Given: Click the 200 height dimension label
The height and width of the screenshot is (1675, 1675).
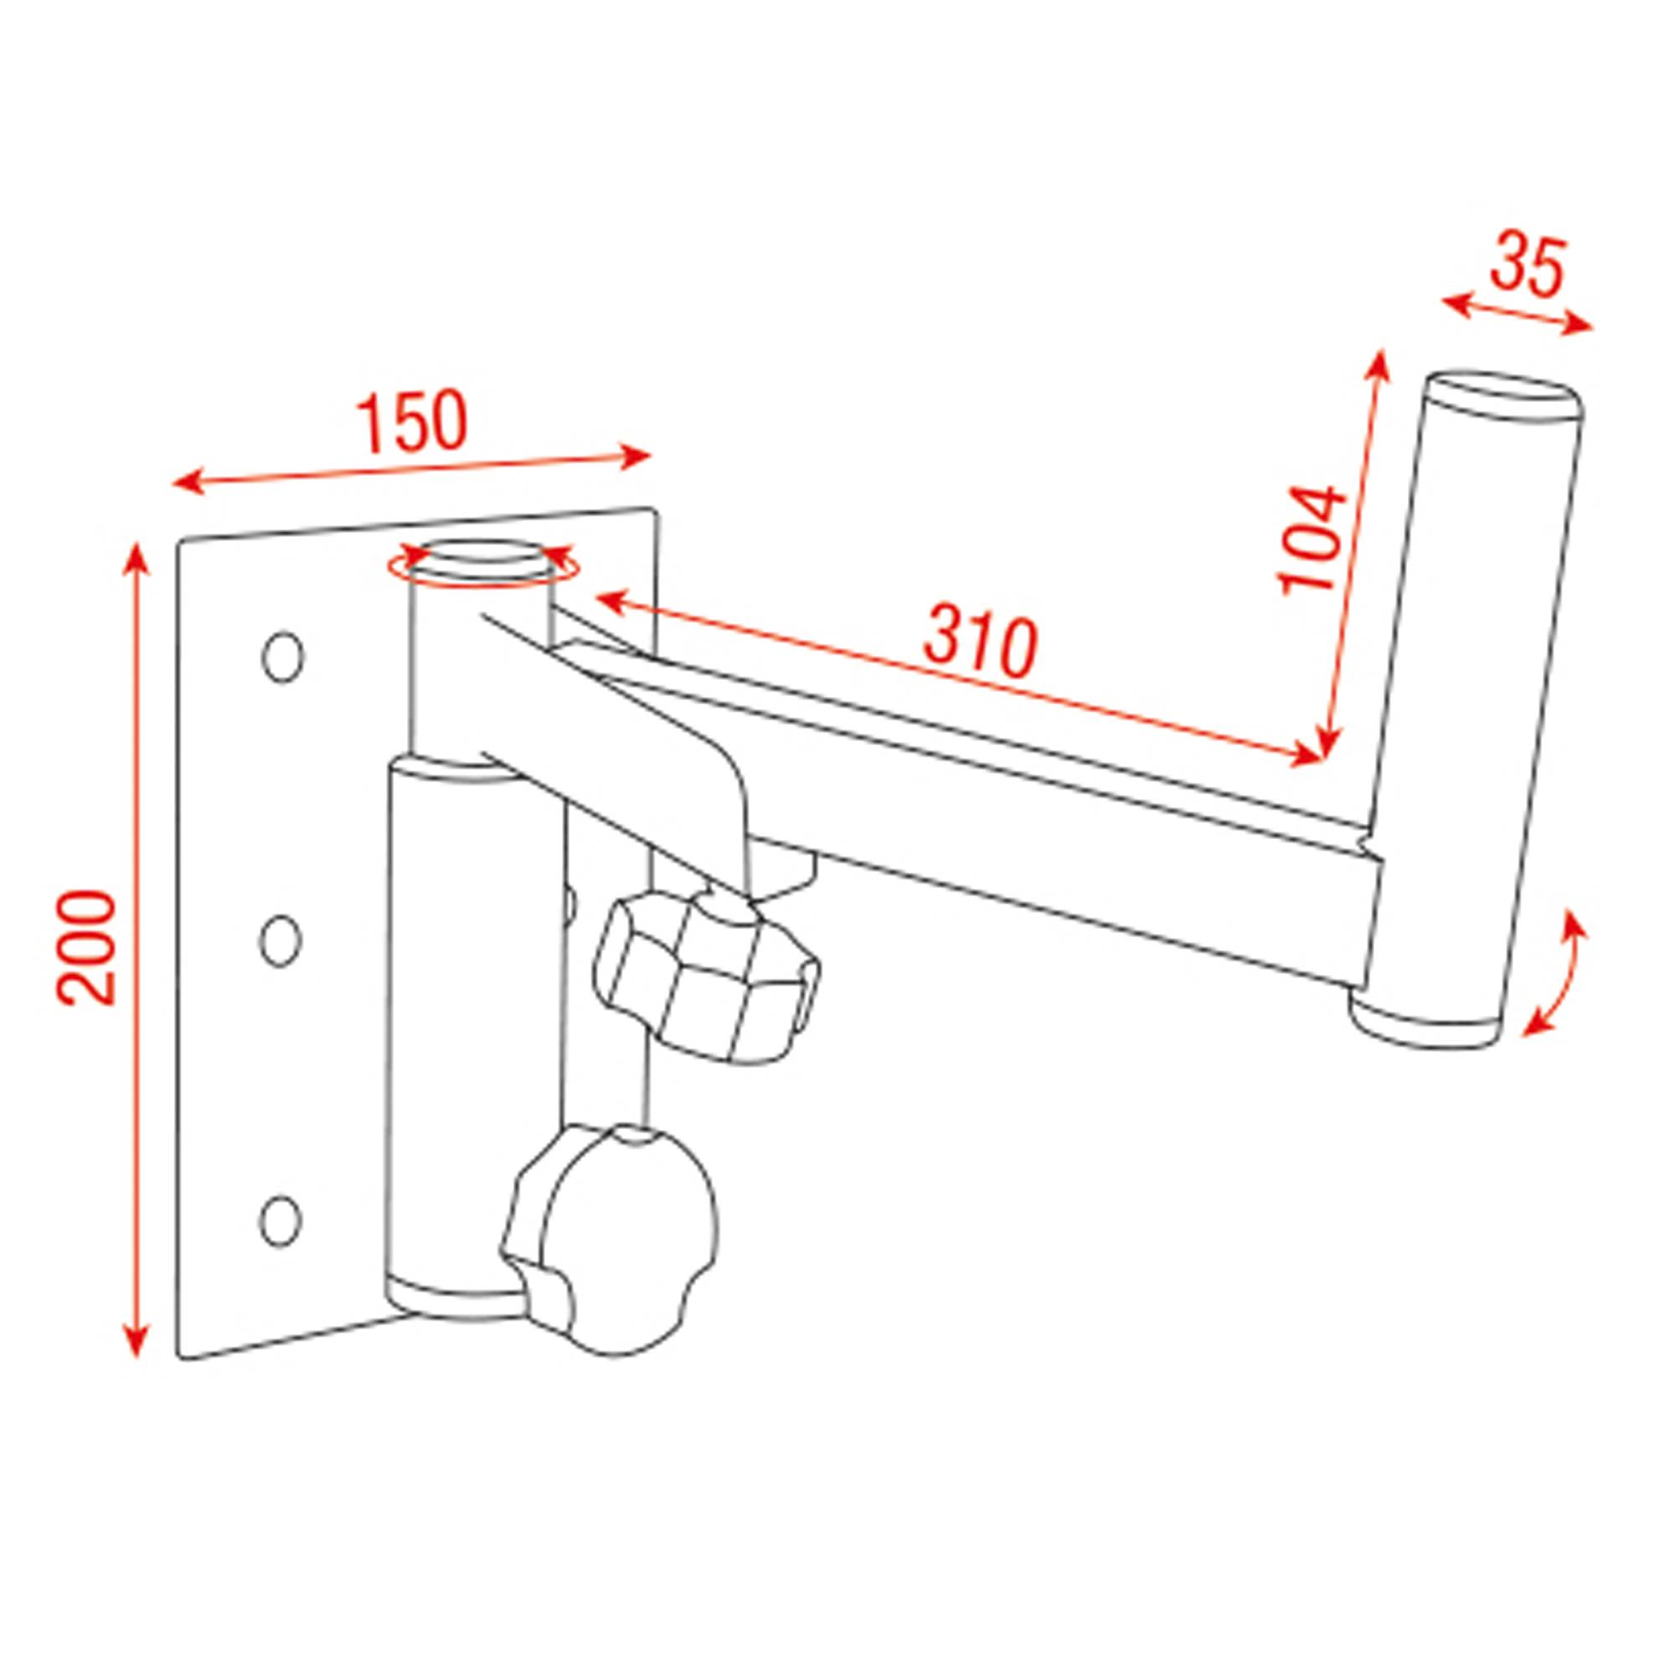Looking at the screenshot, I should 87,947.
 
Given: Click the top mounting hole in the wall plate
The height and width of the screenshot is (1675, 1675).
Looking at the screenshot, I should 282,657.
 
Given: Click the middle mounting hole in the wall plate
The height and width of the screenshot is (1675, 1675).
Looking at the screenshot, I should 281,939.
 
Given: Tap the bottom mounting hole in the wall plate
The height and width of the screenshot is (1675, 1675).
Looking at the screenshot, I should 281,1221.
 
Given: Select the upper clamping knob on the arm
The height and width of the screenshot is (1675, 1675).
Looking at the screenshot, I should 703,978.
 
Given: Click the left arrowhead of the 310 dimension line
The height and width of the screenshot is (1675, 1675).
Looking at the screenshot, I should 607,599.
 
